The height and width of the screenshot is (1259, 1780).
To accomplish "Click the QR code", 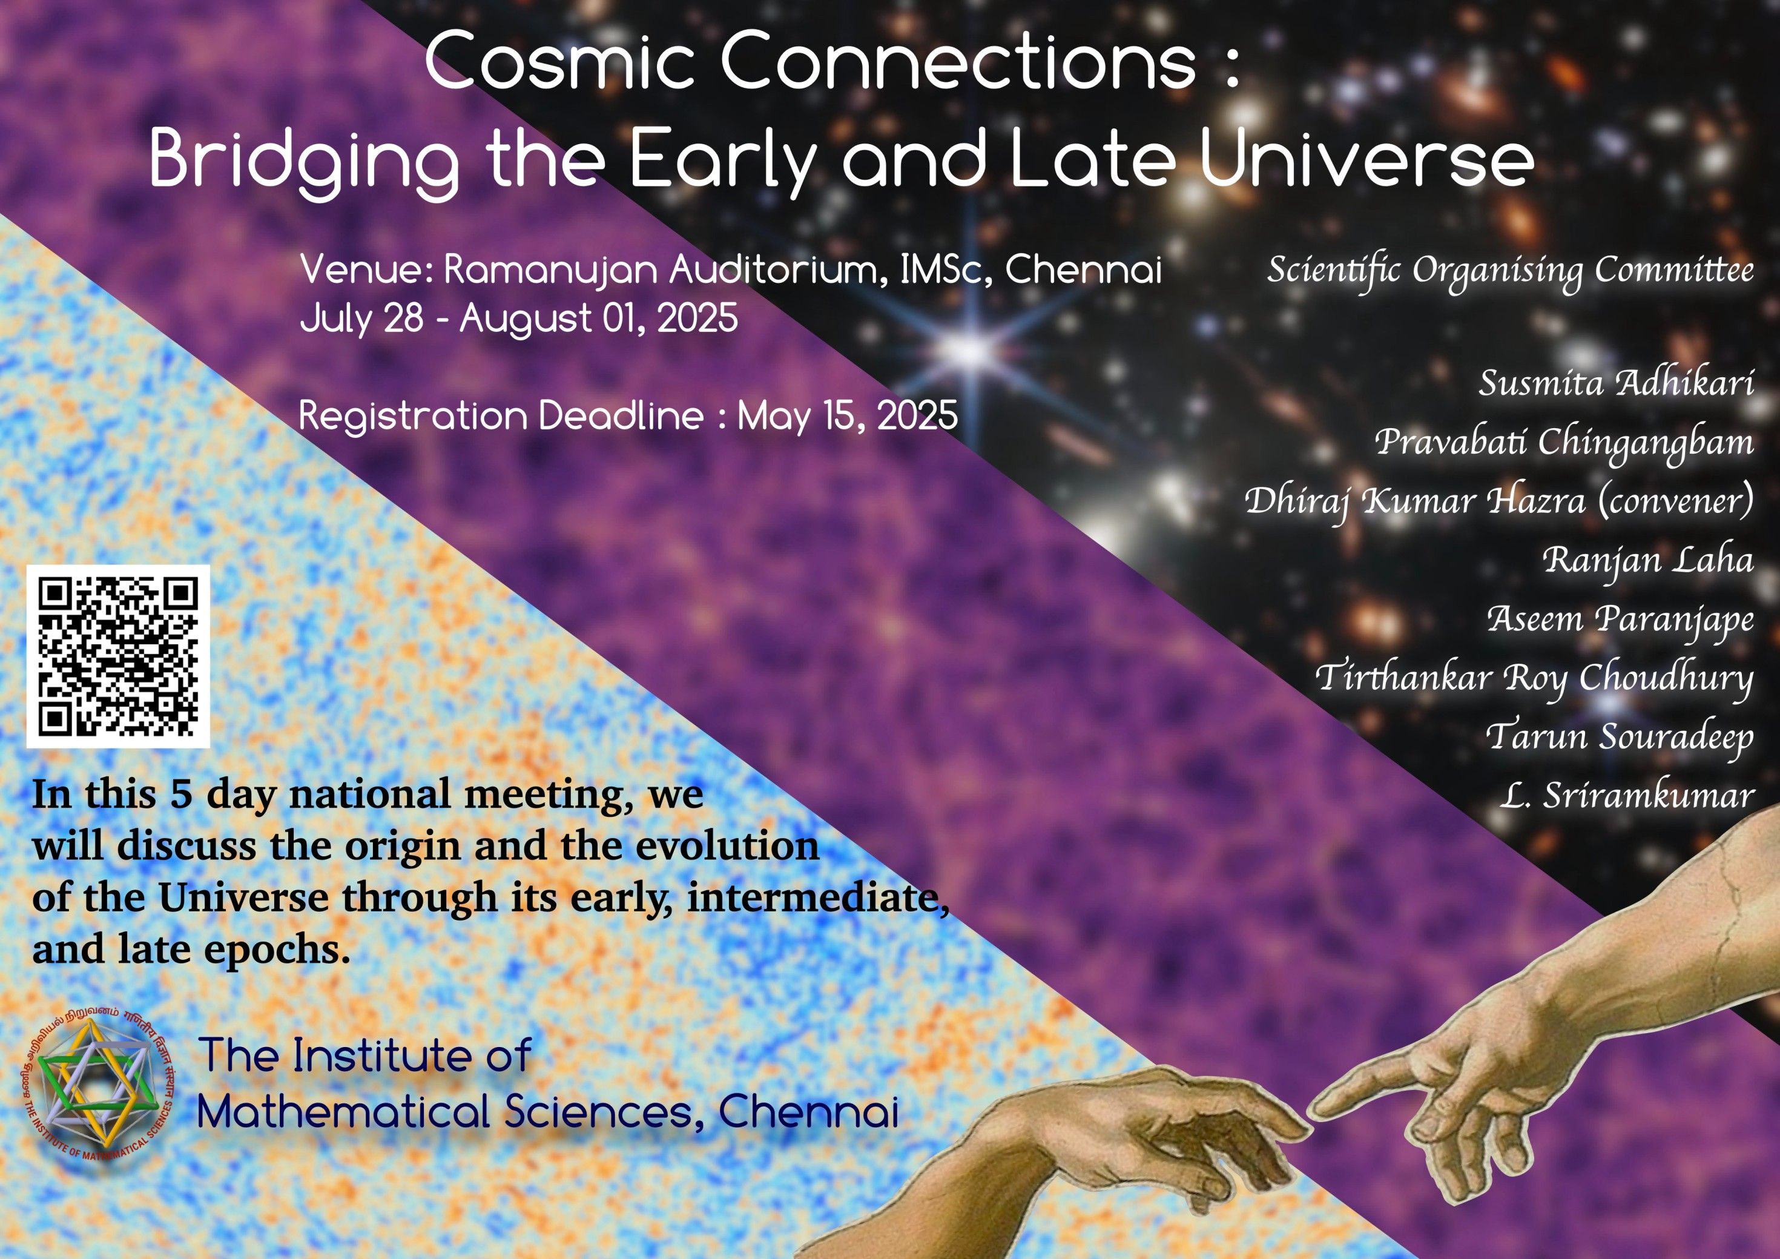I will (118, 656).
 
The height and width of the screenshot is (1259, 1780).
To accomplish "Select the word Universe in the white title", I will (1366, 160).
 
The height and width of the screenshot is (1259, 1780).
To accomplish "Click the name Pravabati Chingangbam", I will (1564, 443).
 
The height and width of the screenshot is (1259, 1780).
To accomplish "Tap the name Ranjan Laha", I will (1647, 560).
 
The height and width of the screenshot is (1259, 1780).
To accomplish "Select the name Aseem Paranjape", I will (1620, 620).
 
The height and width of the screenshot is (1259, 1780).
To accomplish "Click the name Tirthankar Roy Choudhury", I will (1534, 678).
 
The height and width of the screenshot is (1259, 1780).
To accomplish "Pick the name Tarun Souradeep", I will (1620, 736).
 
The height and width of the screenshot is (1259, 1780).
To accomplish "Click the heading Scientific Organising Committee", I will (1510, 271).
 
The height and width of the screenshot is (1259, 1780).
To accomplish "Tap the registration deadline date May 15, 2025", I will (848, 416).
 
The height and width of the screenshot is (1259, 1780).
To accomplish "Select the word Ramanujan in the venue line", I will (551, 271).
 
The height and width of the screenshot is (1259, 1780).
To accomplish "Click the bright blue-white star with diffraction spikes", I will (969, 351).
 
